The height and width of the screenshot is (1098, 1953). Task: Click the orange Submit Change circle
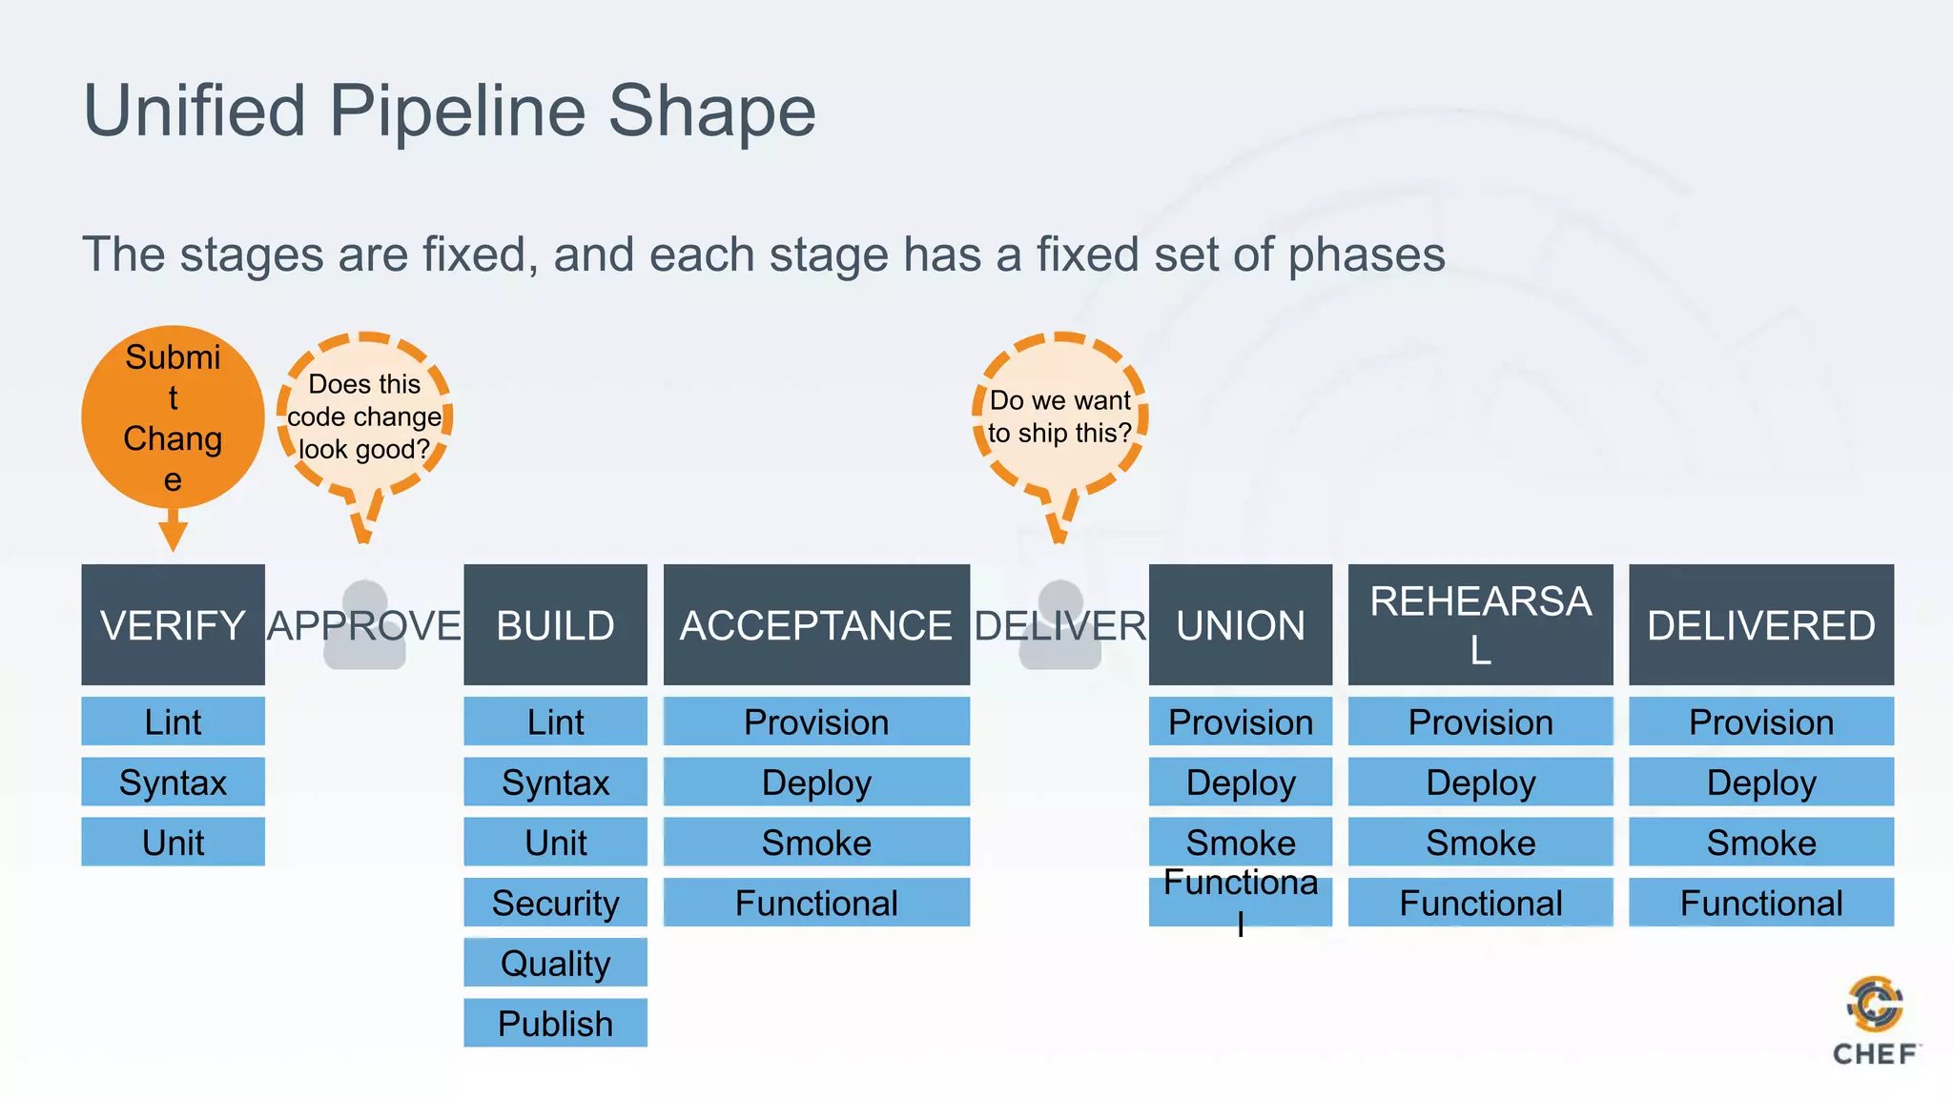click(173, 417)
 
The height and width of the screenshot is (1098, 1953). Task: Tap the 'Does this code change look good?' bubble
click(364, 417)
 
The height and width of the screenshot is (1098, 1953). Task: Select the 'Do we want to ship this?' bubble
click(1059, 417)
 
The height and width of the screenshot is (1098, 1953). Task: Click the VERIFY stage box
click(173, 624)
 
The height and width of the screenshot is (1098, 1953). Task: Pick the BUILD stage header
click(555, 624)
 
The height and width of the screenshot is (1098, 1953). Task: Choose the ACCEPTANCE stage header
click(816, 624)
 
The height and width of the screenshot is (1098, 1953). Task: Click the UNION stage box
click(1240, 624)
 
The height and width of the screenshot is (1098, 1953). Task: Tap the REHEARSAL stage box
click(1480, 624)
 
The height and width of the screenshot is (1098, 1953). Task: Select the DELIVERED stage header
click(1760, 624)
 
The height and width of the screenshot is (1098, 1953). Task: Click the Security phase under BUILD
click(555, 902)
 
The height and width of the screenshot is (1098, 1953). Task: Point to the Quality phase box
click(555, 963)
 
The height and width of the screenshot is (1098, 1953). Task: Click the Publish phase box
click(555, 1023)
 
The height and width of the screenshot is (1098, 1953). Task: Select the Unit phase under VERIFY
click(173, 842)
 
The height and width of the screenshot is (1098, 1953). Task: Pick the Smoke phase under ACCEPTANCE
click(816, 842)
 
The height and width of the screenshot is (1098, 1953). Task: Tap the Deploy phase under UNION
click(1240, 782)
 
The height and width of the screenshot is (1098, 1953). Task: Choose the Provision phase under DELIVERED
click(1760, 722)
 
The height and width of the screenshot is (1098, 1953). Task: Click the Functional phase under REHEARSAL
click(1480, 902)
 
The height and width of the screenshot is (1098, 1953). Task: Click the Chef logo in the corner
click(1875, 1020)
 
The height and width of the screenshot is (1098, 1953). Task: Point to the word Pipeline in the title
click(456, 111)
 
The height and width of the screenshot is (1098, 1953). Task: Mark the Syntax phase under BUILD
click(555, 782)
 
